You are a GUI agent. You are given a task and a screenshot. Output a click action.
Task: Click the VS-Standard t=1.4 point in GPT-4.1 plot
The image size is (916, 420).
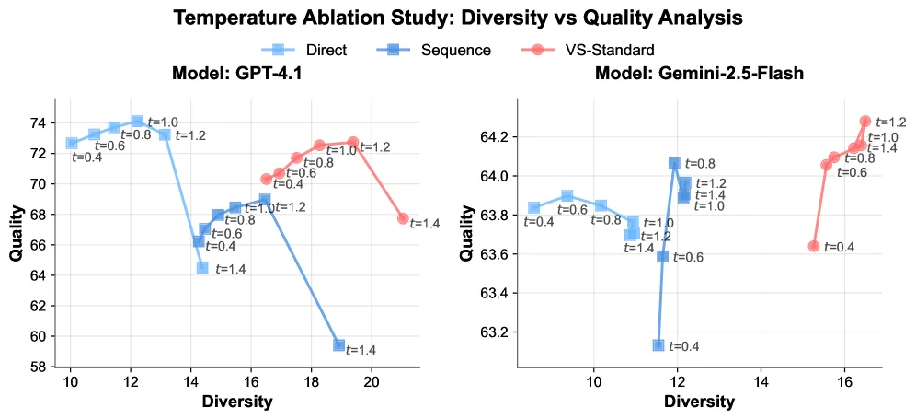click(x=403, y=218)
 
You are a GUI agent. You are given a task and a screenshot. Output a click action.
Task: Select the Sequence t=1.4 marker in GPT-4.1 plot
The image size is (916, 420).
click(x=339, y=345)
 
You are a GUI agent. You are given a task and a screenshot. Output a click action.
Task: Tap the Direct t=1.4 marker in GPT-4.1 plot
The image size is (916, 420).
click(x=202, y=268)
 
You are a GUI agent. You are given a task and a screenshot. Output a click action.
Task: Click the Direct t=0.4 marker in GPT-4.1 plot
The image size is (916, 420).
click(x=72, y=143)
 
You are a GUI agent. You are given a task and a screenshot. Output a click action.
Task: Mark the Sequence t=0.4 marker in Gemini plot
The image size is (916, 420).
click(x=658, y=345)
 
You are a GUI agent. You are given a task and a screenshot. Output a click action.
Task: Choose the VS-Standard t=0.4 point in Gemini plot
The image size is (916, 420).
click(x=813, y=246)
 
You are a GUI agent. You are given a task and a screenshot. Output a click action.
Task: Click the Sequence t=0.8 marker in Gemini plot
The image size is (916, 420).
click(x=674, y=163)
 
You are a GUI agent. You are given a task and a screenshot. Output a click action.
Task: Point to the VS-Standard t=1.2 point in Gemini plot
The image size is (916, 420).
click(x=865, y=121)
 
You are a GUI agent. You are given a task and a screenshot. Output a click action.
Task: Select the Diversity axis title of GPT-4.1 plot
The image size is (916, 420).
click(x=236, y=402)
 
